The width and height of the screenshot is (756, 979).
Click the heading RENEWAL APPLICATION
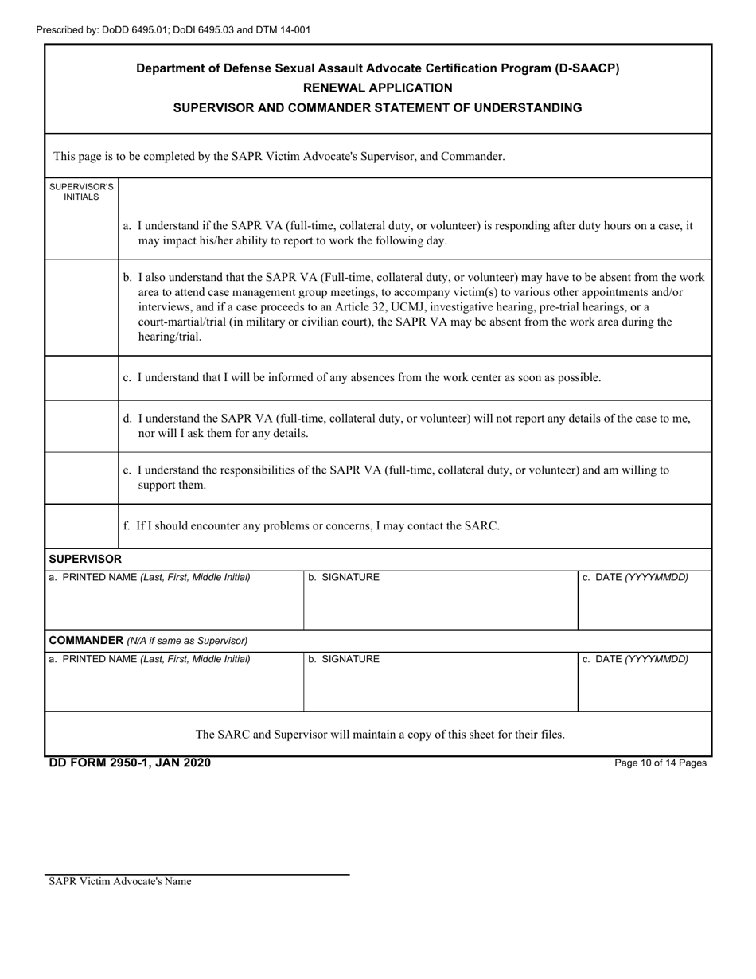[377, 88]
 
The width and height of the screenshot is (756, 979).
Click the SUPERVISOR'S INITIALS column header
[81, 192]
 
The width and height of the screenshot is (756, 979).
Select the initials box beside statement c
[81, 377]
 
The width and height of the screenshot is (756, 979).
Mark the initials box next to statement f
[81, 525]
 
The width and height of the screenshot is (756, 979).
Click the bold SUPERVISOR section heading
[85, 560]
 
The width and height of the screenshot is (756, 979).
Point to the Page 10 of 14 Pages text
[661, 763]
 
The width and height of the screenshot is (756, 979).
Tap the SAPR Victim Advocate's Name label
[119, 881]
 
